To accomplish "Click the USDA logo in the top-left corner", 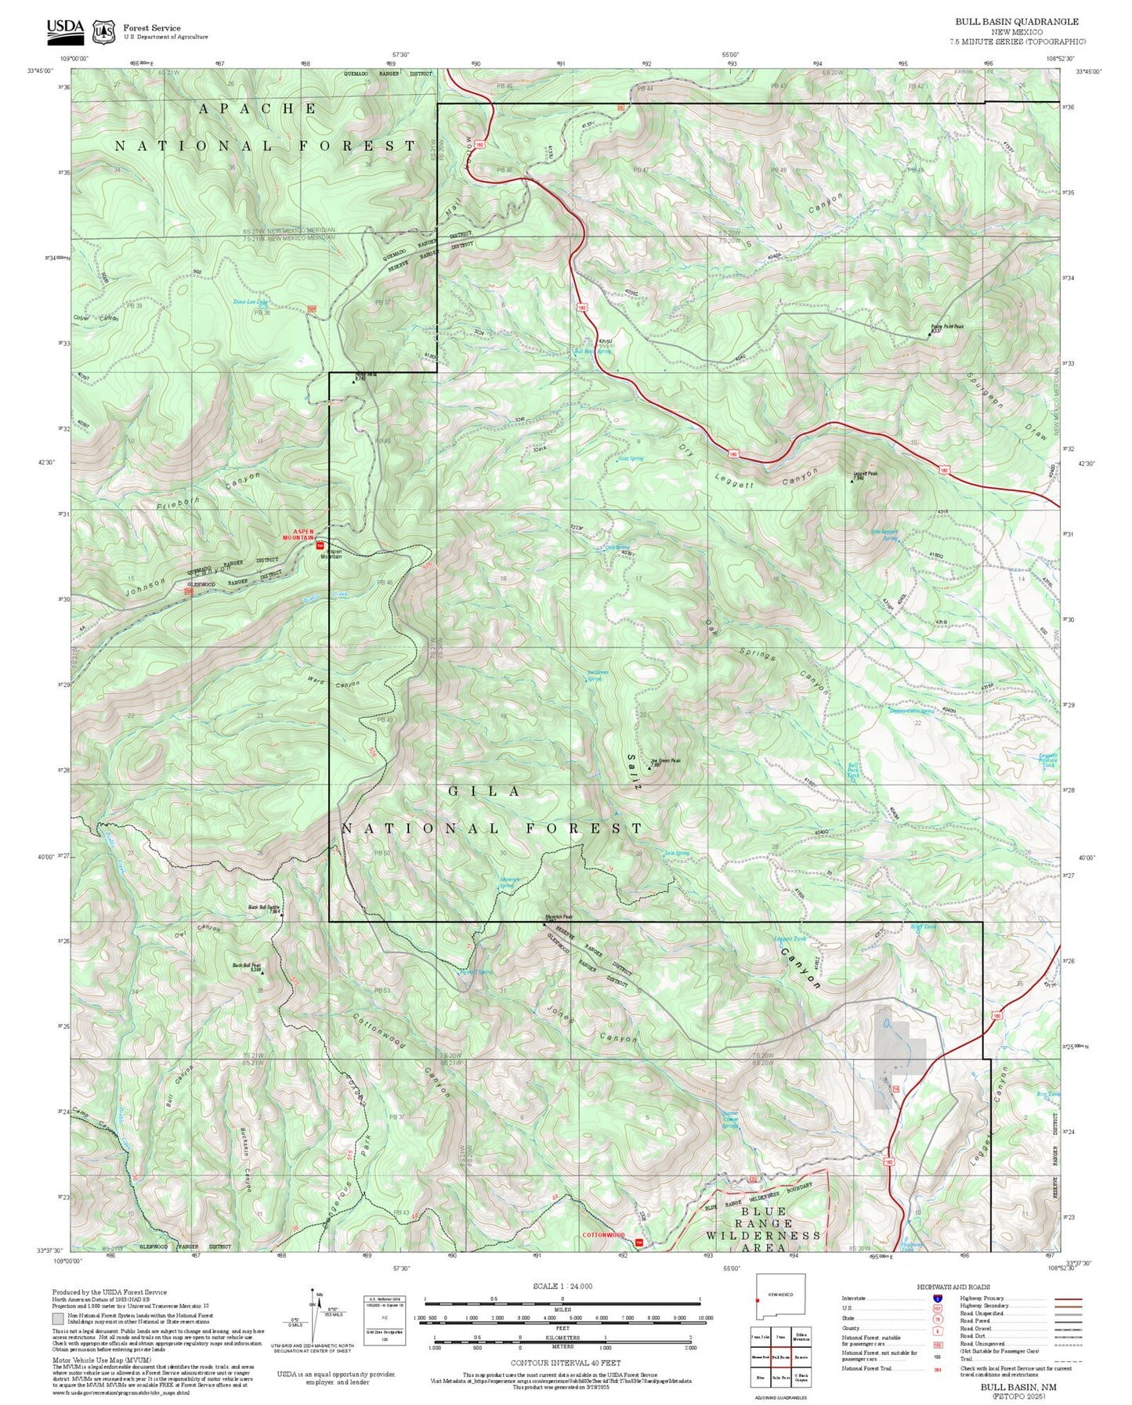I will [65, 29].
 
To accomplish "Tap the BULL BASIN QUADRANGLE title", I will [1016, 22].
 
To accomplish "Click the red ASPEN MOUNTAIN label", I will [298, 535].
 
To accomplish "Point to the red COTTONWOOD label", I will [603, 1235].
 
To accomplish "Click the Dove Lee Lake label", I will [251, 302].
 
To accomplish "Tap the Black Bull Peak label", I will [245, 966].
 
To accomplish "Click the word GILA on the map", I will [484, 792].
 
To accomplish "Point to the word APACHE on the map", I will [257, 109].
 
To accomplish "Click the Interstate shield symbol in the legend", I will [937, 1298].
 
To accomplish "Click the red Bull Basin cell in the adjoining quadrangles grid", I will [780, 1356].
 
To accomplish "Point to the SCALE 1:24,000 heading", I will [562, 1286].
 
